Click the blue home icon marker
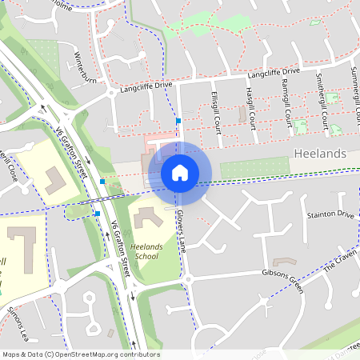[180, 173]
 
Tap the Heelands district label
[320, 153]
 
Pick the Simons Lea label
[16, 319]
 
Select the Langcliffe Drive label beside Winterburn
[146, 86]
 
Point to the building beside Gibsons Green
[284, 262]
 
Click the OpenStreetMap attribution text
[81, 354]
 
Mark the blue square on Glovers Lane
[178, 121]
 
